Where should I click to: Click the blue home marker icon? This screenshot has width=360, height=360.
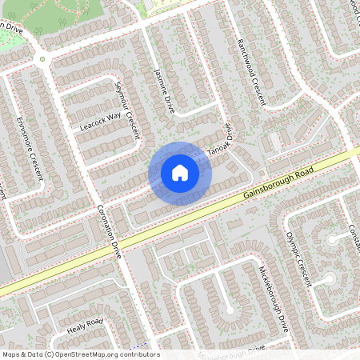coord(180,173)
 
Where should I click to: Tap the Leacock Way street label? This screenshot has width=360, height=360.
coord(101,121)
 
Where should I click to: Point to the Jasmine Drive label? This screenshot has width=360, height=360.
coord(164,91)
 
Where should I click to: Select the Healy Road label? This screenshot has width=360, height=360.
coord(86,326)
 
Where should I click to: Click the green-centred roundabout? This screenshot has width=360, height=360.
coord(42,58)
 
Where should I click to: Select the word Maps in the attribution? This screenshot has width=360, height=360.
coord(12,354)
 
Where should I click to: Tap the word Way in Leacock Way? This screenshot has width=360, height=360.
coord(114,117)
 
